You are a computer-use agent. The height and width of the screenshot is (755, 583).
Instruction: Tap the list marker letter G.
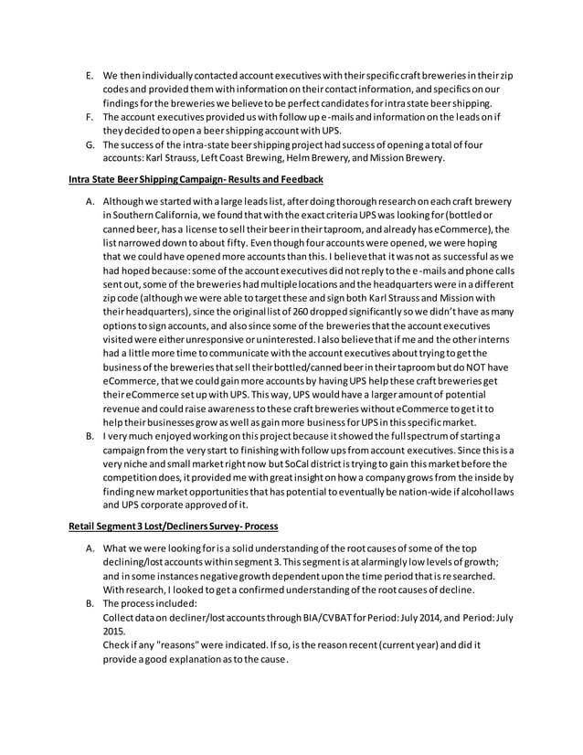pos(88,144)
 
